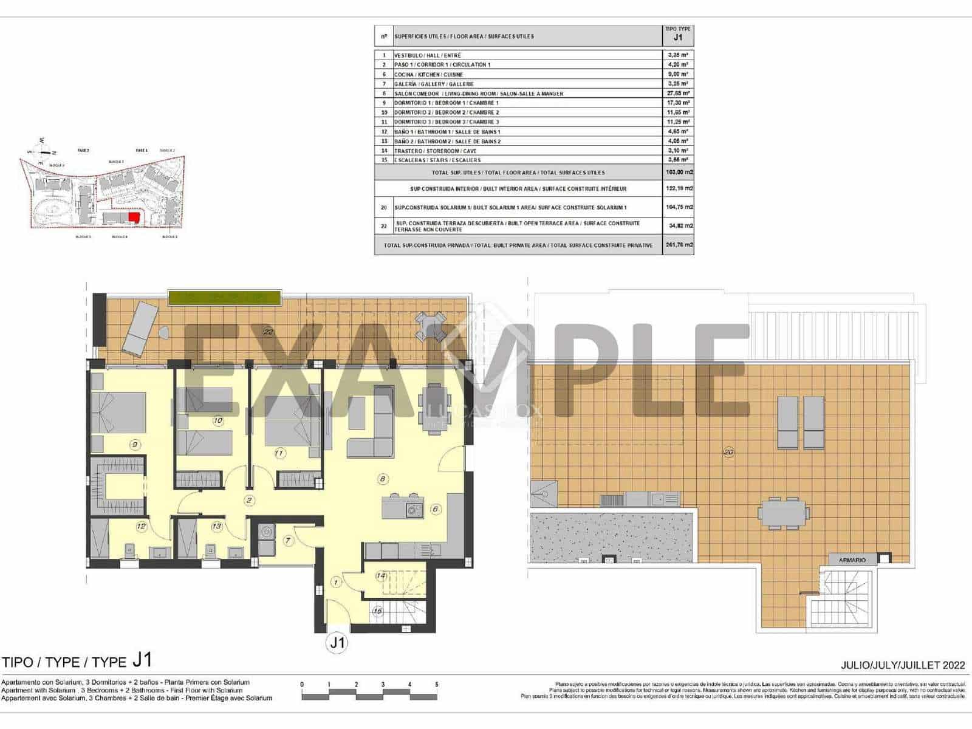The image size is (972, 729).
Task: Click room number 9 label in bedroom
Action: pos(135,445)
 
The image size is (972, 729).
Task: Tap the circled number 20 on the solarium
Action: pos(728,452)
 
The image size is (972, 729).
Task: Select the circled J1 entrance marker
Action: pos(337,643)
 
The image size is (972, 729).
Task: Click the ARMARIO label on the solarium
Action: pos(852,560)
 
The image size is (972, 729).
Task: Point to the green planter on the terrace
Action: pos(225,298)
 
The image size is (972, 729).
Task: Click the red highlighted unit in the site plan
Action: pos(134,218)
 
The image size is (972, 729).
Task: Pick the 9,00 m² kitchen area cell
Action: pos(677,74)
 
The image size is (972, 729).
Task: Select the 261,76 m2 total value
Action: pos(678,245)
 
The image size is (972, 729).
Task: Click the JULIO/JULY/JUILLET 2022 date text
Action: pos(903,665)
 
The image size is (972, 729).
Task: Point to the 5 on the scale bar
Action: pos(436,685)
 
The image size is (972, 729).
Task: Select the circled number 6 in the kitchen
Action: pos(436,509)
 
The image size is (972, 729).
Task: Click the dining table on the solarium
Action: pos(784,513)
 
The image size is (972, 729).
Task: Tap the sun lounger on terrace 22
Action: pos(141,329)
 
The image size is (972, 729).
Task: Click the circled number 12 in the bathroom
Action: pos(142,526)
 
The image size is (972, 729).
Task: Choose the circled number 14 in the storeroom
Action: pos(381,575)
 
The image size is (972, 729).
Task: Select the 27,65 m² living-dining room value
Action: pos(677,94)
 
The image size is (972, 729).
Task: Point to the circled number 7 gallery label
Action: pos(288,540)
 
